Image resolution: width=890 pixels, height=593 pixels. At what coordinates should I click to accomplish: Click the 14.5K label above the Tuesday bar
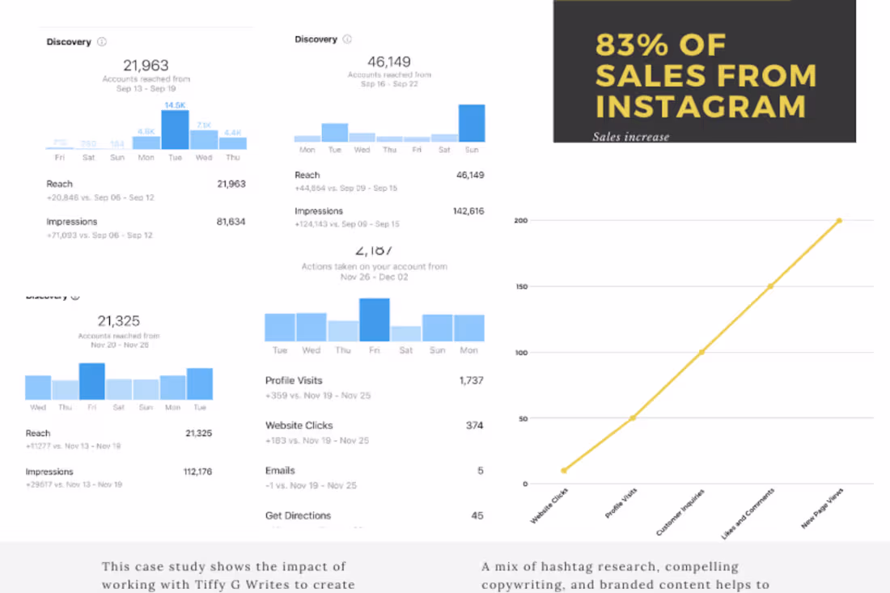pos(175,105)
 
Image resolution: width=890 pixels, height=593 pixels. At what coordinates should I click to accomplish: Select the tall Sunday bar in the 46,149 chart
pos(472,123)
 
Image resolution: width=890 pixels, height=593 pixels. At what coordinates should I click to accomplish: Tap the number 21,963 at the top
pos(146,66)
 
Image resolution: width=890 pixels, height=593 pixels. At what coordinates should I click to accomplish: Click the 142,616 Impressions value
pos(469,211)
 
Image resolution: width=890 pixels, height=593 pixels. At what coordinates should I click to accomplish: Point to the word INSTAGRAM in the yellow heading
pos(701,107)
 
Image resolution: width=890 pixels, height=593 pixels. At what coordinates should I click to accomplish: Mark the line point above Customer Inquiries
pos(701,352)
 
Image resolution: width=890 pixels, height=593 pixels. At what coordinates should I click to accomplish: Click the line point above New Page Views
pos(839,220)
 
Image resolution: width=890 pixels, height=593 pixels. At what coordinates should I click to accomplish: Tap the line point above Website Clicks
pos(564,470)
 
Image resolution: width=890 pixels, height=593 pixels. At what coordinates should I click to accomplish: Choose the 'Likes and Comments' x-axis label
pos(748,513)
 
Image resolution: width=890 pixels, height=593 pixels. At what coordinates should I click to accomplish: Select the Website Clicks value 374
pos(475,426)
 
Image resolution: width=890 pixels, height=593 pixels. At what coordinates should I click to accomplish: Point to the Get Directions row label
pos(298,515)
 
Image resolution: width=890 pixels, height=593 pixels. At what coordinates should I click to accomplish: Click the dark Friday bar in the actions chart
pos(375,320)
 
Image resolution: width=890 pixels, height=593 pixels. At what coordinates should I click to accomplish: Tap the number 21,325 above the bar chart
pos(119,321)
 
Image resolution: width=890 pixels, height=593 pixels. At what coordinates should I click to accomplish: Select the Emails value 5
pos(481,471)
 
